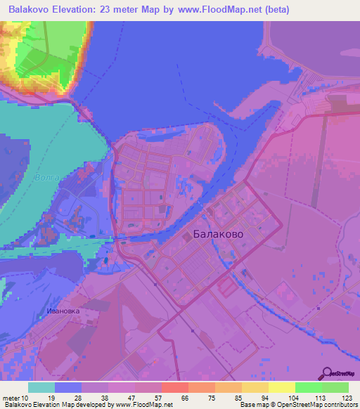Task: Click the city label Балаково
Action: tap(217, 235)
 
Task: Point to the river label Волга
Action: tap(46, 178)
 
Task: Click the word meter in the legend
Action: tap(11, 397)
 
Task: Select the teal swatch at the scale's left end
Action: tap(41, 387)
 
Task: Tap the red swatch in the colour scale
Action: tap(174, 387)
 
